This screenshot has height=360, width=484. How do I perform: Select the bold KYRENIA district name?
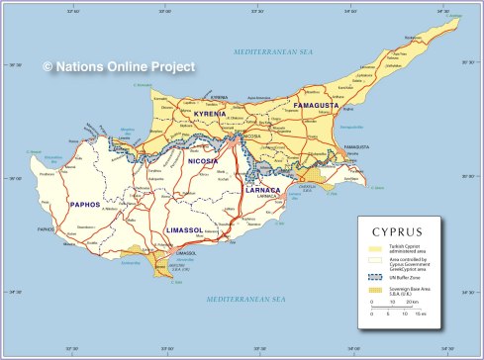coord(210,114)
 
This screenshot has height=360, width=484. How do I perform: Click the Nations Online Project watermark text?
coord(118,66)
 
